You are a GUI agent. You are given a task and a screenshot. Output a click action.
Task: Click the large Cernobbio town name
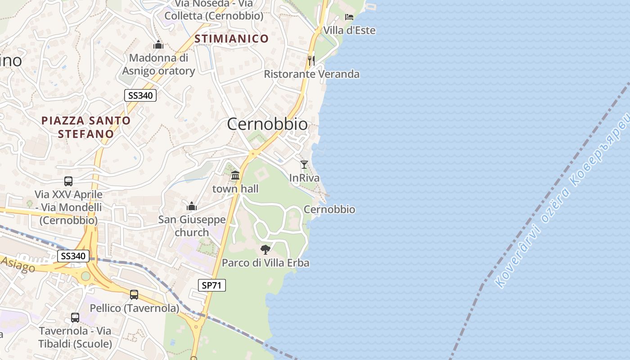click(267, 124)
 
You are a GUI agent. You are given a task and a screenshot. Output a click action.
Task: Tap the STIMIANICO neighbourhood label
click(231, 39)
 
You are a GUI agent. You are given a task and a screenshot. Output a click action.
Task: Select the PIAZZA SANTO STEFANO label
click(85, 127)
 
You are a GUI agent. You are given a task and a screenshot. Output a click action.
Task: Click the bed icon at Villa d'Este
click(349, 17)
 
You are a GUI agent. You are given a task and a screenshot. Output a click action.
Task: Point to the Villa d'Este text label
click(349, 30)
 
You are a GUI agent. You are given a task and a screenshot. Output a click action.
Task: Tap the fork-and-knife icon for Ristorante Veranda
click(311, 60)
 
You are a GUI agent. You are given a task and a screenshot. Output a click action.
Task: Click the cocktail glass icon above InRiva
click(304, 165)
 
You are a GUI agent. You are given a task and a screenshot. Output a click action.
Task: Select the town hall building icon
click(235, 175)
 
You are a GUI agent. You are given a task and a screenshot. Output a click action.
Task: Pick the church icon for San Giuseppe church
click(192, 207)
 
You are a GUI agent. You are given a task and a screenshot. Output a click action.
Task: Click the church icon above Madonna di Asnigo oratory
click(158, 45)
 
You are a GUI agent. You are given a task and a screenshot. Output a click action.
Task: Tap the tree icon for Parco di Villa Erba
click(265, 249)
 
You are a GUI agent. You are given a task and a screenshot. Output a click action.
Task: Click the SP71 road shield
click(212, 285)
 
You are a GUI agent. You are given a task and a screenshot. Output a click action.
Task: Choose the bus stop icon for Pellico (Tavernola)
click(134, 295)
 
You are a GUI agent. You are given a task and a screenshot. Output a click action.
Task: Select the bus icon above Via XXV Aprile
click(68, 181)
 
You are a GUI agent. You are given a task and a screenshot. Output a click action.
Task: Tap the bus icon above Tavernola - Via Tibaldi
click(75, 318)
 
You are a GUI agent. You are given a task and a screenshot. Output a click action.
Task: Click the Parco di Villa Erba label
click(265, 263)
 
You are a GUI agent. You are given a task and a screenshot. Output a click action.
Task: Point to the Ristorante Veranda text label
click(311, 74)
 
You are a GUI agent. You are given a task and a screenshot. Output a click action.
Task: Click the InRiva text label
click(304, 178)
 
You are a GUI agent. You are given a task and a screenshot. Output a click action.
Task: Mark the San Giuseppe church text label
click(192, 226)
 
